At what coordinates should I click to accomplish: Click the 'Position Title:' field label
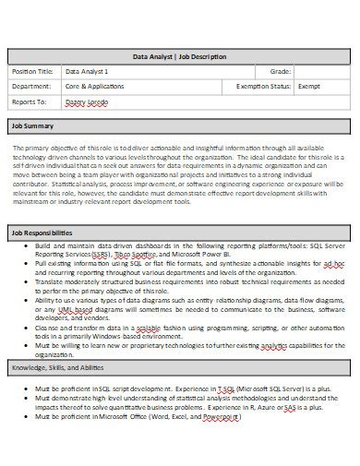tap(32, 71)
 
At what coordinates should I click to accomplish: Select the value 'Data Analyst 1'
tap(87, 71)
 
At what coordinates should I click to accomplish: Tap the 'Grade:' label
tap(280, 71)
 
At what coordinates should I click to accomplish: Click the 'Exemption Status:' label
tap(264, 86)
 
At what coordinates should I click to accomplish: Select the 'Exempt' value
tap(309, 86)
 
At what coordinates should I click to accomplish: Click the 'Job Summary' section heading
tap(32, 125)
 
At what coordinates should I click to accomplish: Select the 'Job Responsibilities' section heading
tap(42, 233)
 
